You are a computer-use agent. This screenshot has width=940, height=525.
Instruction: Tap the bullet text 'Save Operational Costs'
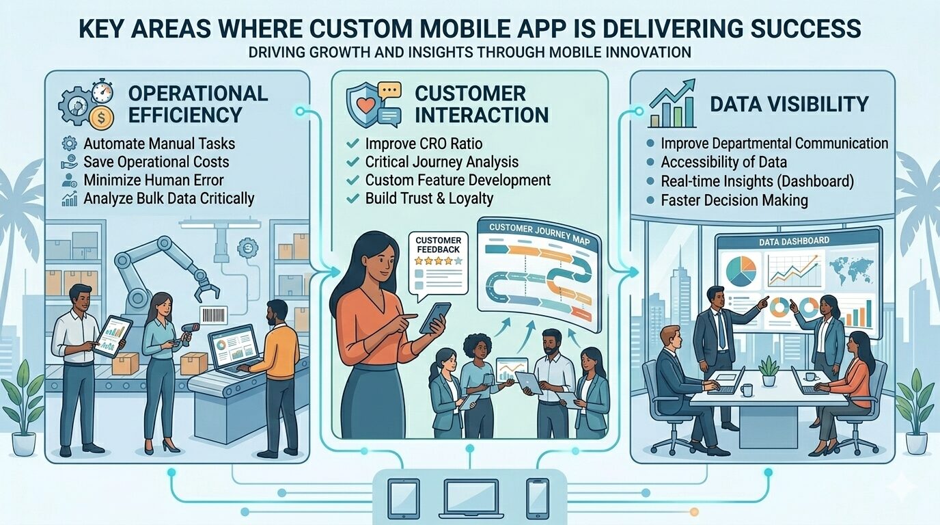(x=156, y=162)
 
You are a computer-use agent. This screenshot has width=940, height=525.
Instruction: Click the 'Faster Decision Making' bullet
(x=734, y=200)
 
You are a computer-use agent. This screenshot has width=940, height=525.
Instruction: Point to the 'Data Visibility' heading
(x=788, y=105)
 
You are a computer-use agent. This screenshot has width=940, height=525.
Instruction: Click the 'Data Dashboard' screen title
(x=794, y=241)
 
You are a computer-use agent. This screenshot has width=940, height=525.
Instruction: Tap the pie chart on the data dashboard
(x=741, y=271)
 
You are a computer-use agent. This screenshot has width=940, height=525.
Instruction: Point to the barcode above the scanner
(x=214, y=314)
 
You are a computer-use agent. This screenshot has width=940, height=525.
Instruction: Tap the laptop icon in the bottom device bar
(x=471, y=494)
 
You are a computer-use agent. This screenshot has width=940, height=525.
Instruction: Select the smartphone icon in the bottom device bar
(x=537, y=493)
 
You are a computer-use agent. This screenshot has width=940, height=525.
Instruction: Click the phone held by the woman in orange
(x=434, y=318)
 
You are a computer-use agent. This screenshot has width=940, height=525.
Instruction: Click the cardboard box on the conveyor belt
(x=126, y=363)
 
